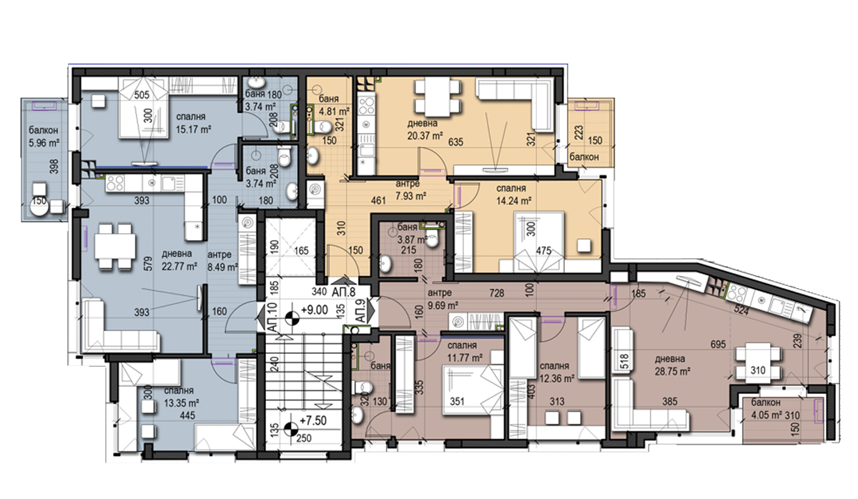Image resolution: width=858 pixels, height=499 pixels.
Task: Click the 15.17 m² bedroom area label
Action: pos(194,129)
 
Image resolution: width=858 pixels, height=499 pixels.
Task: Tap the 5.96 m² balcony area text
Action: pos(44,143)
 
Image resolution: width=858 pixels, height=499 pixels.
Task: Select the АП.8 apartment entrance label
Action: pos(344,292)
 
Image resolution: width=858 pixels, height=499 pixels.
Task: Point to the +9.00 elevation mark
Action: pos(315,310)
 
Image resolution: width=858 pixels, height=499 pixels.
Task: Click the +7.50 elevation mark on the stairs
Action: pos(313,420)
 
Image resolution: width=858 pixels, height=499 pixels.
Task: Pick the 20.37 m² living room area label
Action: pos(425,136)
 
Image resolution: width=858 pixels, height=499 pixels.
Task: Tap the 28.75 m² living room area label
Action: pos(673,371)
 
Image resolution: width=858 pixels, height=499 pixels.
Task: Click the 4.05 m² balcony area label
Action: pos(766,415)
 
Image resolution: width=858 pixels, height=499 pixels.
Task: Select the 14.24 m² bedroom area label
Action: pos(514,201)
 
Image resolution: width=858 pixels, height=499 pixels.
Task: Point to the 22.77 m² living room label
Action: pos(179,266)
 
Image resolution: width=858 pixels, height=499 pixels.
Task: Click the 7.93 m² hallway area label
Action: pos(411,196)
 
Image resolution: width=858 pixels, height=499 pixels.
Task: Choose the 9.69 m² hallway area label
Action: pos(443,305)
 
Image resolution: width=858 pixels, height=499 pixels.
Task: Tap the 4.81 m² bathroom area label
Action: pos(335,112)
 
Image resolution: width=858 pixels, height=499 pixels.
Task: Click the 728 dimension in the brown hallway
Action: pos(496,293)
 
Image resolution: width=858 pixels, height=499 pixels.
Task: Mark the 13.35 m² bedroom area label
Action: pos(182,403)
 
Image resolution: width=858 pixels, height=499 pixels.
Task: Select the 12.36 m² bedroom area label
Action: pos(557,378)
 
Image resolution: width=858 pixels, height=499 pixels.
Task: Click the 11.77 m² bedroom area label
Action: pos(465,358)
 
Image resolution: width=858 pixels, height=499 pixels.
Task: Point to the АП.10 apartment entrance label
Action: pos(272,317)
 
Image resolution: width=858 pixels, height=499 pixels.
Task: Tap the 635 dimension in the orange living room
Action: pos(456,142)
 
